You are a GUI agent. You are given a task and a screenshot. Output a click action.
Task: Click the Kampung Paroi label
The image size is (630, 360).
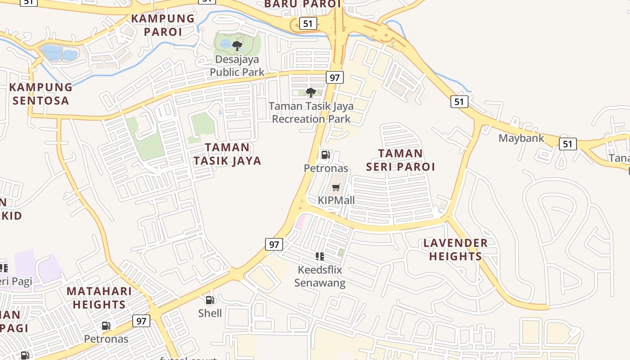pos(163,25)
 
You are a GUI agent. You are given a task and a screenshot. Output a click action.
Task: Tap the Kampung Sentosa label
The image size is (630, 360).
pos(41,94)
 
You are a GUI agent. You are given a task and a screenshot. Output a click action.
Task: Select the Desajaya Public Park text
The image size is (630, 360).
pos(237,66)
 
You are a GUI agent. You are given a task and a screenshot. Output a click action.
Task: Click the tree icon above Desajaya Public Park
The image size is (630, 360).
pos(237,45)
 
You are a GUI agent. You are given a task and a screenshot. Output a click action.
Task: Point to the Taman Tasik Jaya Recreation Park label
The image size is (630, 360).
pos(311,112)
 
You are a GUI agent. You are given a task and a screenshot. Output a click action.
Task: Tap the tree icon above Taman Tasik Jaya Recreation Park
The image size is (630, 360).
pos(310,93)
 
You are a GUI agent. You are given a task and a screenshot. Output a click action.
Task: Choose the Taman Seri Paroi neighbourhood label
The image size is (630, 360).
pos(400,160)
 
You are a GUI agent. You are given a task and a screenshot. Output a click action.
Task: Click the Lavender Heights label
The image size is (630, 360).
pos(455,250)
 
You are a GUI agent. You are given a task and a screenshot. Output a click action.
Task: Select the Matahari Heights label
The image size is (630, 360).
pos(99,297)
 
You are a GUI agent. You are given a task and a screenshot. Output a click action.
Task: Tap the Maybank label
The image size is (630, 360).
pos(521,138)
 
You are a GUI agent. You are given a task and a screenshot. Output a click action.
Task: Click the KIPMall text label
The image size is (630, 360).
pos(336,200)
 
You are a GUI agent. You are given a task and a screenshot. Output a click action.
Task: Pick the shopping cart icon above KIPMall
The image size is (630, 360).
pos(336,187)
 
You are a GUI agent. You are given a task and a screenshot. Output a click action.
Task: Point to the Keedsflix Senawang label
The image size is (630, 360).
pos(319,276)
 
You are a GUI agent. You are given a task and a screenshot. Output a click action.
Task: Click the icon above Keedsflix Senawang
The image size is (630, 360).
pos(320,256)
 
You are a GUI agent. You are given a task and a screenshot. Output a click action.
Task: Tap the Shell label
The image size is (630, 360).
pos(210,313)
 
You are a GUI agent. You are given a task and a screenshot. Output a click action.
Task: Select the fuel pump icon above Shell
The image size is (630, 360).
pos(210,300)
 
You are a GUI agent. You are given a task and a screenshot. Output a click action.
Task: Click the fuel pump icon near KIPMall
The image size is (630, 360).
pos(325,155)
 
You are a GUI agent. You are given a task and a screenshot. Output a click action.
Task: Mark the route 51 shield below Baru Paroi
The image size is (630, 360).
pos(308,23)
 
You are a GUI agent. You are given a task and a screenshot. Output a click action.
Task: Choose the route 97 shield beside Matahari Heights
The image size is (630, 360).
pos(141,321)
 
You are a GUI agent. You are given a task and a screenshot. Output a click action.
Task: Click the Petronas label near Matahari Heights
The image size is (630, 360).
pos(106,339)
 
